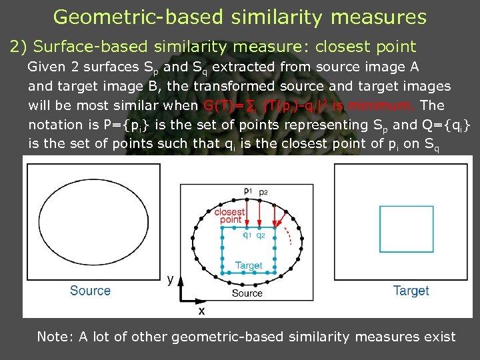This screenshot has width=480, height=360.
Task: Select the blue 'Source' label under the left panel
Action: point(90,291)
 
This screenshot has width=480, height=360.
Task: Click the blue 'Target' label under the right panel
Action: point(411,291)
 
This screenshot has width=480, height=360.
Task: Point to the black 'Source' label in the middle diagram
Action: point(247,293)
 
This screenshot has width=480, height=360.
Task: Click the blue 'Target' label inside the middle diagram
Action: point(249,265)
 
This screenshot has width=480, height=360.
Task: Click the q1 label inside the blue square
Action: point(247,234)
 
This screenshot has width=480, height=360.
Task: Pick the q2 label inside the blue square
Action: point(261,234)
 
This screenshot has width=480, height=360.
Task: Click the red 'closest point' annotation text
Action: point(230,215)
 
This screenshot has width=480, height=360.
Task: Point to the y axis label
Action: point(171,279)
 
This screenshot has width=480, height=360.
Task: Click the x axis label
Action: point(201,311)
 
